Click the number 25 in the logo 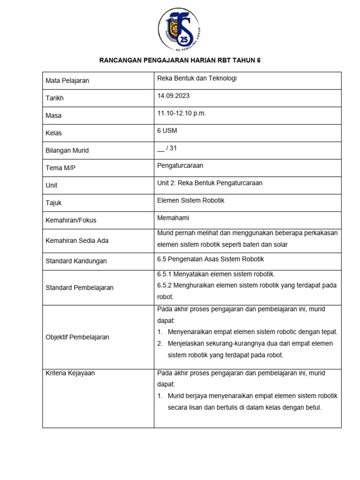[x=186, y=38]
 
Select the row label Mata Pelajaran [x=67, y=81]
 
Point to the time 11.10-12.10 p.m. [x=181, y=113]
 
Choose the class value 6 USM [x=167, y=130]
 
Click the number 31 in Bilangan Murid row [x=173, y=148]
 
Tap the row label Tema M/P [x=60, y=168]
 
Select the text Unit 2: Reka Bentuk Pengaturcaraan [x=210, y=183]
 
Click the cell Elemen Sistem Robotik [x=191, y=200]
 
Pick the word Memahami [x=173, y=217]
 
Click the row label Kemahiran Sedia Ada [x=77, y=240]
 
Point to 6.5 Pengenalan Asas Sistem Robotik [x=210, y=259]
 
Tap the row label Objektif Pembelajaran [x=77, y=337]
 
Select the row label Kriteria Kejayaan [x=70, y=373]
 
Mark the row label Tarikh [x=54, y=98]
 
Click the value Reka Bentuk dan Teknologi [x=197, y=78]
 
